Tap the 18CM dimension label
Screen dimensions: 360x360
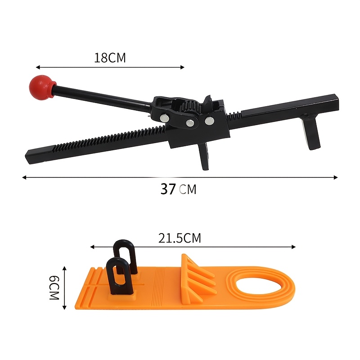tap(110, 58)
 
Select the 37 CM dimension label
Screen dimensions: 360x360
tap(178, 189)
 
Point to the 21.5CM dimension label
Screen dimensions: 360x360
tap(180, 238)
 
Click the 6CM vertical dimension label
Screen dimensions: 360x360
tap(54, 288)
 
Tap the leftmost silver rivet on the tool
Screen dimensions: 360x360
tap(165, 118)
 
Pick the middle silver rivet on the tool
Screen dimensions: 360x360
tap(190, 123)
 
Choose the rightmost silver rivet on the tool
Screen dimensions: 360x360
tap(209, 121)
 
